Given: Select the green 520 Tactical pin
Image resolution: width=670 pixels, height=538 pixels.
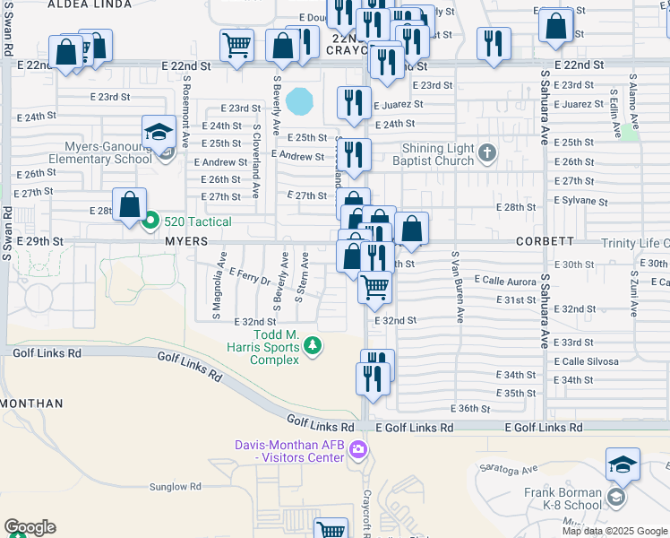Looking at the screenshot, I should click(x=150, y=220).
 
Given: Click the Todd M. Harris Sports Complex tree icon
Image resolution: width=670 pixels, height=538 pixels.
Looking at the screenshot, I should click(x=313, y=345).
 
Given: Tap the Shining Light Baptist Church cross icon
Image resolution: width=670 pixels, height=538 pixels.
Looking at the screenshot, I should click(x=487, y=152).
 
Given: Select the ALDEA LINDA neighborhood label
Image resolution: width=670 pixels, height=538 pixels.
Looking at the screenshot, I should click(x=84, y=5).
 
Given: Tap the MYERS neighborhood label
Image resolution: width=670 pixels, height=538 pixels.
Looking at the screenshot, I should click(x=186, y=242).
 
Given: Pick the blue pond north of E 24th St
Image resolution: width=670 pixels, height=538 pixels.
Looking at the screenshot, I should click(x=300, y=99).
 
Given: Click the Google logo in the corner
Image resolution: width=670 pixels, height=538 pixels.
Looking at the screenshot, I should click(x=30, y=527).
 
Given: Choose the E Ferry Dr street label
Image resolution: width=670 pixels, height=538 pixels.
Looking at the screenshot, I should click(x=250, y=275).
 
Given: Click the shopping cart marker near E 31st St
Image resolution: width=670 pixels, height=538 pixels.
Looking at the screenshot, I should click(x=374, y=288).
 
